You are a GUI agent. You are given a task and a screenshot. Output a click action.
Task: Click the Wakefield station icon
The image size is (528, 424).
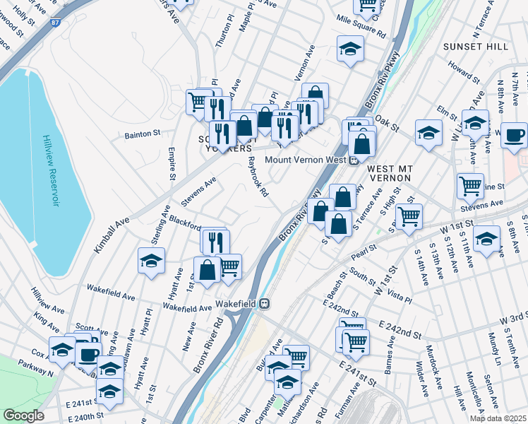[x=265, y=305]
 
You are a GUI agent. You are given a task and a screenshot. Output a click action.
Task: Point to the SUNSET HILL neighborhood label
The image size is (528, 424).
[x=475, y=46]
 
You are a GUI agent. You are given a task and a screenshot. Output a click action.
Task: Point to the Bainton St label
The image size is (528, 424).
[x=143, y=133]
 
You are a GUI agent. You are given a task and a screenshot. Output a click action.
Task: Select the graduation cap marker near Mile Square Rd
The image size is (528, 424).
[x=350, y=49]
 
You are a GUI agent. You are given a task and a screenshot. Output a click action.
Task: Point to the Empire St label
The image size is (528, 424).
[x=172, y=163]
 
